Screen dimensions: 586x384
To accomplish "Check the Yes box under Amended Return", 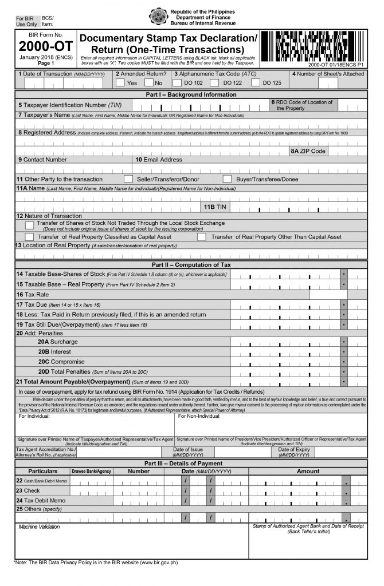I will click(120, 82).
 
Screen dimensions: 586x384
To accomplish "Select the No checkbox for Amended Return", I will click(150, 82).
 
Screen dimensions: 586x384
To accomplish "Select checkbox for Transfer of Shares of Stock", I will click(30, 225).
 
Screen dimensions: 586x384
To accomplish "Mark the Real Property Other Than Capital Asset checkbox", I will click(202, 236).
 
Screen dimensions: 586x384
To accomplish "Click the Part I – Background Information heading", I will click(191, 94).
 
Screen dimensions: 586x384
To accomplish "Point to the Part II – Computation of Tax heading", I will click(191, 265).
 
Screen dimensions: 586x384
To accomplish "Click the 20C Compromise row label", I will click(61, 362).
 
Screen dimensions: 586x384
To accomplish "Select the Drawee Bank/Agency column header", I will click(91, 471).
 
